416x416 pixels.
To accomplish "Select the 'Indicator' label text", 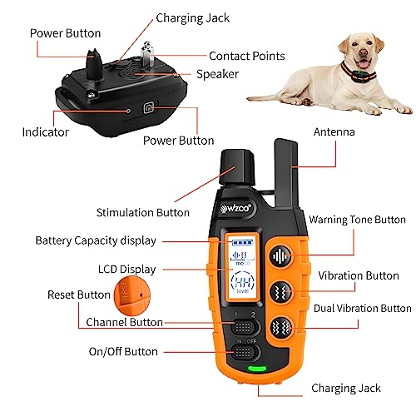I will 45,131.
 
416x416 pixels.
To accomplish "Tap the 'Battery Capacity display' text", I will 96,240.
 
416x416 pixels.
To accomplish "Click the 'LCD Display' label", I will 125,270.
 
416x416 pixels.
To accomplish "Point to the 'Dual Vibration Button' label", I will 362,308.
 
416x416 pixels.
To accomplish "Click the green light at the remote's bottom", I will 258,368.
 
